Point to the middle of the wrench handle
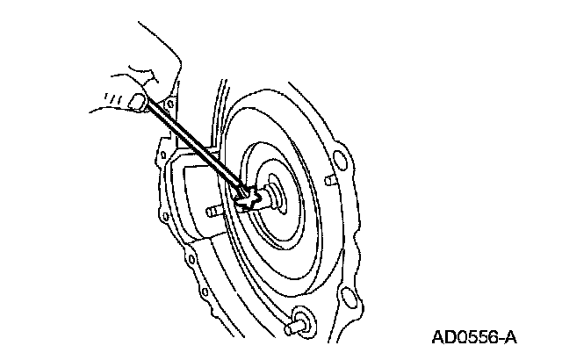[x=193, y=149]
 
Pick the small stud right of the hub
[x=330, y=182]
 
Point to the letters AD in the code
[x=443, y=337]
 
